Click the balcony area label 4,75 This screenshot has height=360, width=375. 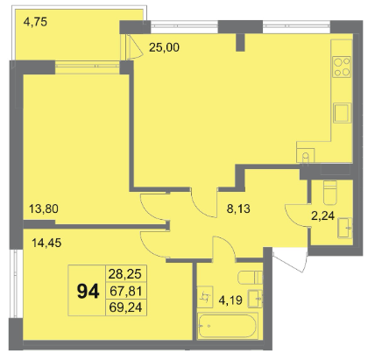35,22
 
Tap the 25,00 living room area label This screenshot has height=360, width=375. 164,47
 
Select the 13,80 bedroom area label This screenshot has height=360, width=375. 44,208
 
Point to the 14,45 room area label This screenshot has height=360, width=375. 46,243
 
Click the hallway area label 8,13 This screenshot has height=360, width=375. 238,208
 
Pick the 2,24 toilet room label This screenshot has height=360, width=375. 323,216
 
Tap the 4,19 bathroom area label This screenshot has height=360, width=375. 230,300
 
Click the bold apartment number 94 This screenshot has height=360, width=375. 88,292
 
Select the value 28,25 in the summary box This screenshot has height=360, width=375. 125,274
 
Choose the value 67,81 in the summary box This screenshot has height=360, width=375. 125,291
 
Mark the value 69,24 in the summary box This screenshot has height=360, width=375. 125,307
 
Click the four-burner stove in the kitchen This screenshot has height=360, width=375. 342,67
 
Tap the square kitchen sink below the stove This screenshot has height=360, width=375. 343,112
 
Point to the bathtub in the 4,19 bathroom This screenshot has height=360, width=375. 228,326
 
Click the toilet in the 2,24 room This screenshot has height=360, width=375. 330,193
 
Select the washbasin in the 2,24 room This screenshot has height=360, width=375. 345,228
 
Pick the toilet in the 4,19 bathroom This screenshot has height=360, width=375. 251,278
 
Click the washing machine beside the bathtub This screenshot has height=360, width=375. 205,297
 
